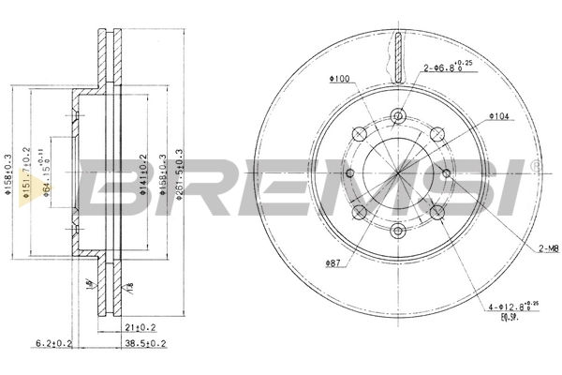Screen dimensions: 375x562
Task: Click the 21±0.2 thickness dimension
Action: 140,327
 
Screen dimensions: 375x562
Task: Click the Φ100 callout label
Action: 339,79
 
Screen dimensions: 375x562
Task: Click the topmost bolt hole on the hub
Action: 398,116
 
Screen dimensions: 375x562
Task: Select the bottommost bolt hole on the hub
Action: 398,230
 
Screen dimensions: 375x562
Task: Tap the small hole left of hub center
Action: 349,173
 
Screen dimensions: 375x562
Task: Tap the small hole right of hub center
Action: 447,173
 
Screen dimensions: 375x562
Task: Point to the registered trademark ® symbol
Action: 535,166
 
